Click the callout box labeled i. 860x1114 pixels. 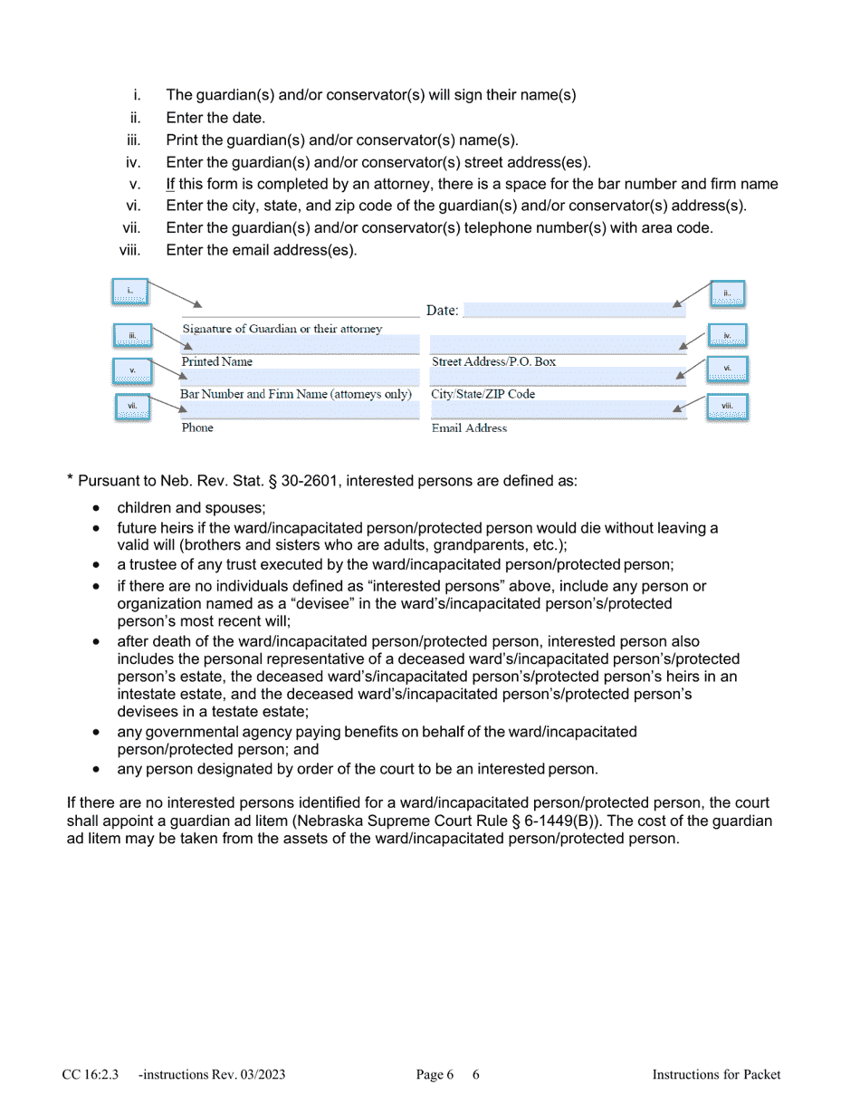129,291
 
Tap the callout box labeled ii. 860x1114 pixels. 728,293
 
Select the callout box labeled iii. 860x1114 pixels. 132,336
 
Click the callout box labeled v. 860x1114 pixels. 132,370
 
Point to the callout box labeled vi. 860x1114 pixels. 727,368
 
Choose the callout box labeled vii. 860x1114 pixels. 132,407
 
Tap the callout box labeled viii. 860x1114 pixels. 727,407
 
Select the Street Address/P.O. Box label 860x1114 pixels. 493,361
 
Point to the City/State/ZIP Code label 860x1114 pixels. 483,394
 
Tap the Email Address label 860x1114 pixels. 469,427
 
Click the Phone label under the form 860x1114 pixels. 196,427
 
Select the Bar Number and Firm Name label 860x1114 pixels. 296,394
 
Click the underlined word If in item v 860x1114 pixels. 170,185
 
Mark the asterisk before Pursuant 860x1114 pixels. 71,479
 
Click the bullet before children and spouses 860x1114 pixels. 96,508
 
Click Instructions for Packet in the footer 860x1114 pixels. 716,1075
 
